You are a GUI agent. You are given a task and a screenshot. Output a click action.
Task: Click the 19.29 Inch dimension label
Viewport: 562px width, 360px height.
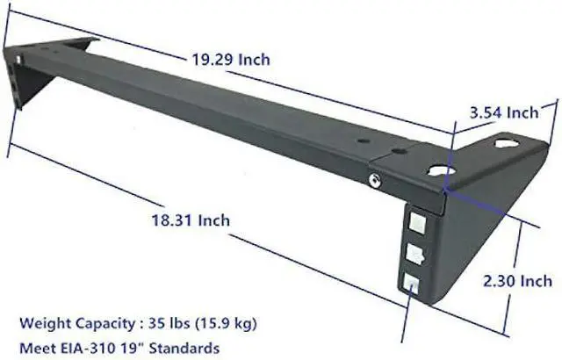[231, 61]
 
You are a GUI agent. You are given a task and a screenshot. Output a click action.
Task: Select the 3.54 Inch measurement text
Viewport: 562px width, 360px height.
[504, 113]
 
